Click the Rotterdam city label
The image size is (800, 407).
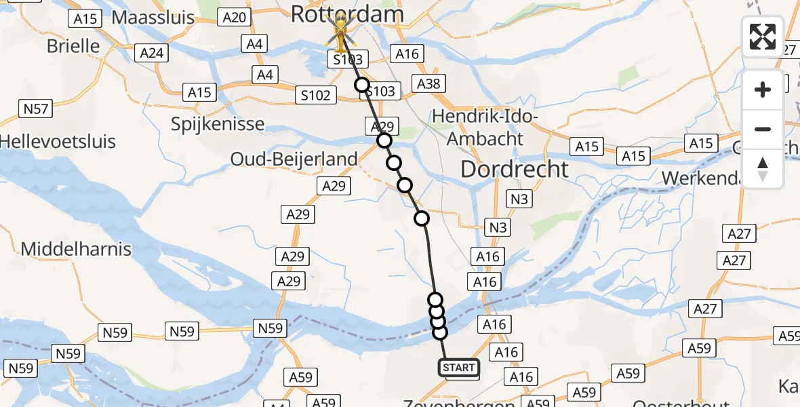(x=347, y=14)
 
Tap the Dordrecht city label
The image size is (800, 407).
(x=515, y=169)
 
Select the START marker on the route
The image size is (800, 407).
(x=459, y=368)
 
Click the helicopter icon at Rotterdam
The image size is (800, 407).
(x=339, y=31)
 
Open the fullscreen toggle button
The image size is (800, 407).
(x=763, y=37)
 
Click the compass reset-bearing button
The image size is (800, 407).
(x=763, y=169)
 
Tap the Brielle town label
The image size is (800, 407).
(x=73, y=46)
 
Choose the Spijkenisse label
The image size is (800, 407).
(x=218, y=125)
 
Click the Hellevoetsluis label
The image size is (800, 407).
(x=58, y=142)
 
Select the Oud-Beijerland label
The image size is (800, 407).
(x=294, y=159)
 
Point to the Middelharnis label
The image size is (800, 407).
(x=76, y=249)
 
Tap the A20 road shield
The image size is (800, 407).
(x=234, y=18)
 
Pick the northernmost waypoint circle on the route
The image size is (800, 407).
(x=362, y=85)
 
